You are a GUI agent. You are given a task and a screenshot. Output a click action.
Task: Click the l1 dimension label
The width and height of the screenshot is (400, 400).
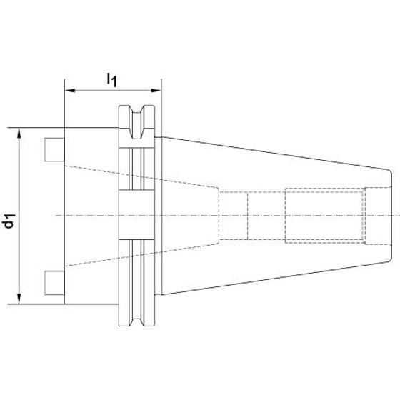coord(111,80)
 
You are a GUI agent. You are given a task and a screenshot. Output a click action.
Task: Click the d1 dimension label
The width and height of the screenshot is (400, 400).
coord(9,221)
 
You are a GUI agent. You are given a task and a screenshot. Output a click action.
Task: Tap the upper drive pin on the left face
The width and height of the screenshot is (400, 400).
coord(54,149)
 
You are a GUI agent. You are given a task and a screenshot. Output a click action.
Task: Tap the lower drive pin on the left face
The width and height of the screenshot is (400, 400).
coord(54,283)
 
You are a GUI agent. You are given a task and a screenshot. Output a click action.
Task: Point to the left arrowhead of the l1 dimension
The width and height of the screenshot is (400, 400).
coord(70,90)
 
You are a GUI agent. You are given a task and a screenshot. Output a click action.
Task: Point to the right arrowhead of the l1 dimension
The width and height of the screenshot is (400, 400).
coord(156,90)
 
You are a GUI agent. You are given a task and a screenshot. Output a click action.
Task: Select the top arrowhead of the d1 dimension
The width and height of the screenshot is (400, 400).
coord(19,133)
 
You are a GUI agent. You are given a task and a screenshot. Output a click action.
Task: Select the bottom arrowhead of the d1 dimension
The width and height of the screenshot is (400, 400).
coord(19,299)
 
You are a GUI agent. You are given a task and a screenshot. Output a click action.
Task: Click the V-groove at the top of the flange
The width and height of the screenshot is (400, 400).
coord(137,122)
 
